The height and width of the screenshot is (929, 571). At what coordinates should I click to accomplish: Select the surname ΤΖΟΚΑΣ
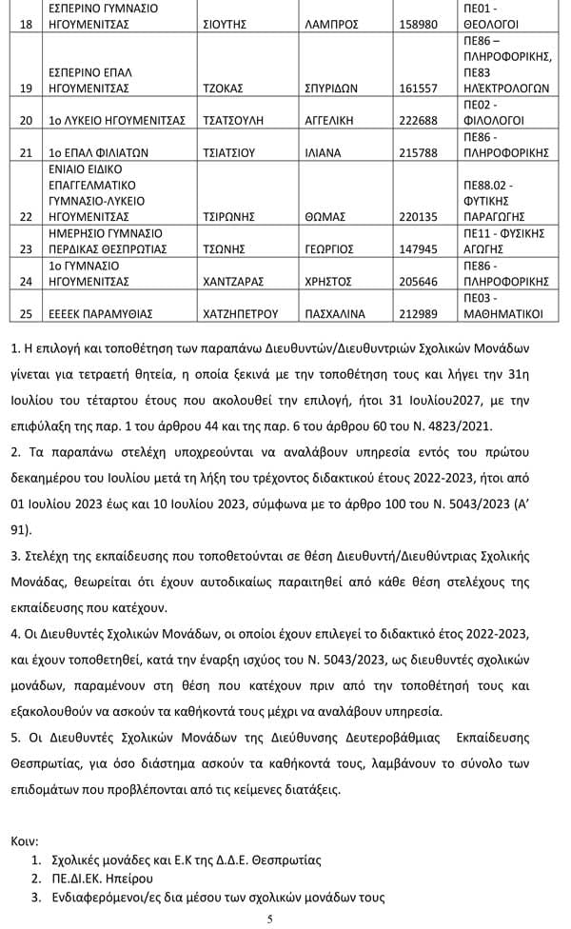pos(224,88)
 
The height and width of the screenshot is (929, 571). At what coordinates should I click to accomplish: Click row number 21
pos(26,151)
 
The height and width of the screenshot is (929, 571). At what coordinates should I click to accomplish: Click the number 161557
pos(418,88)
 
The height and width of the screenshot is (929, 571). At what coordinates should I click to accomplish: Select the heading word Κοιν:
pos(24,841)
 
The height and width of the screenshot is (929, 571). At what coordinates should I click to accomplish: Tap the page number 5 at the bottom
pos(271,919)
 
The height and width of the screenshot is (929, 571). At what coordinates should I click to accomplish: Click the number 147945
pos(418,249)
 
